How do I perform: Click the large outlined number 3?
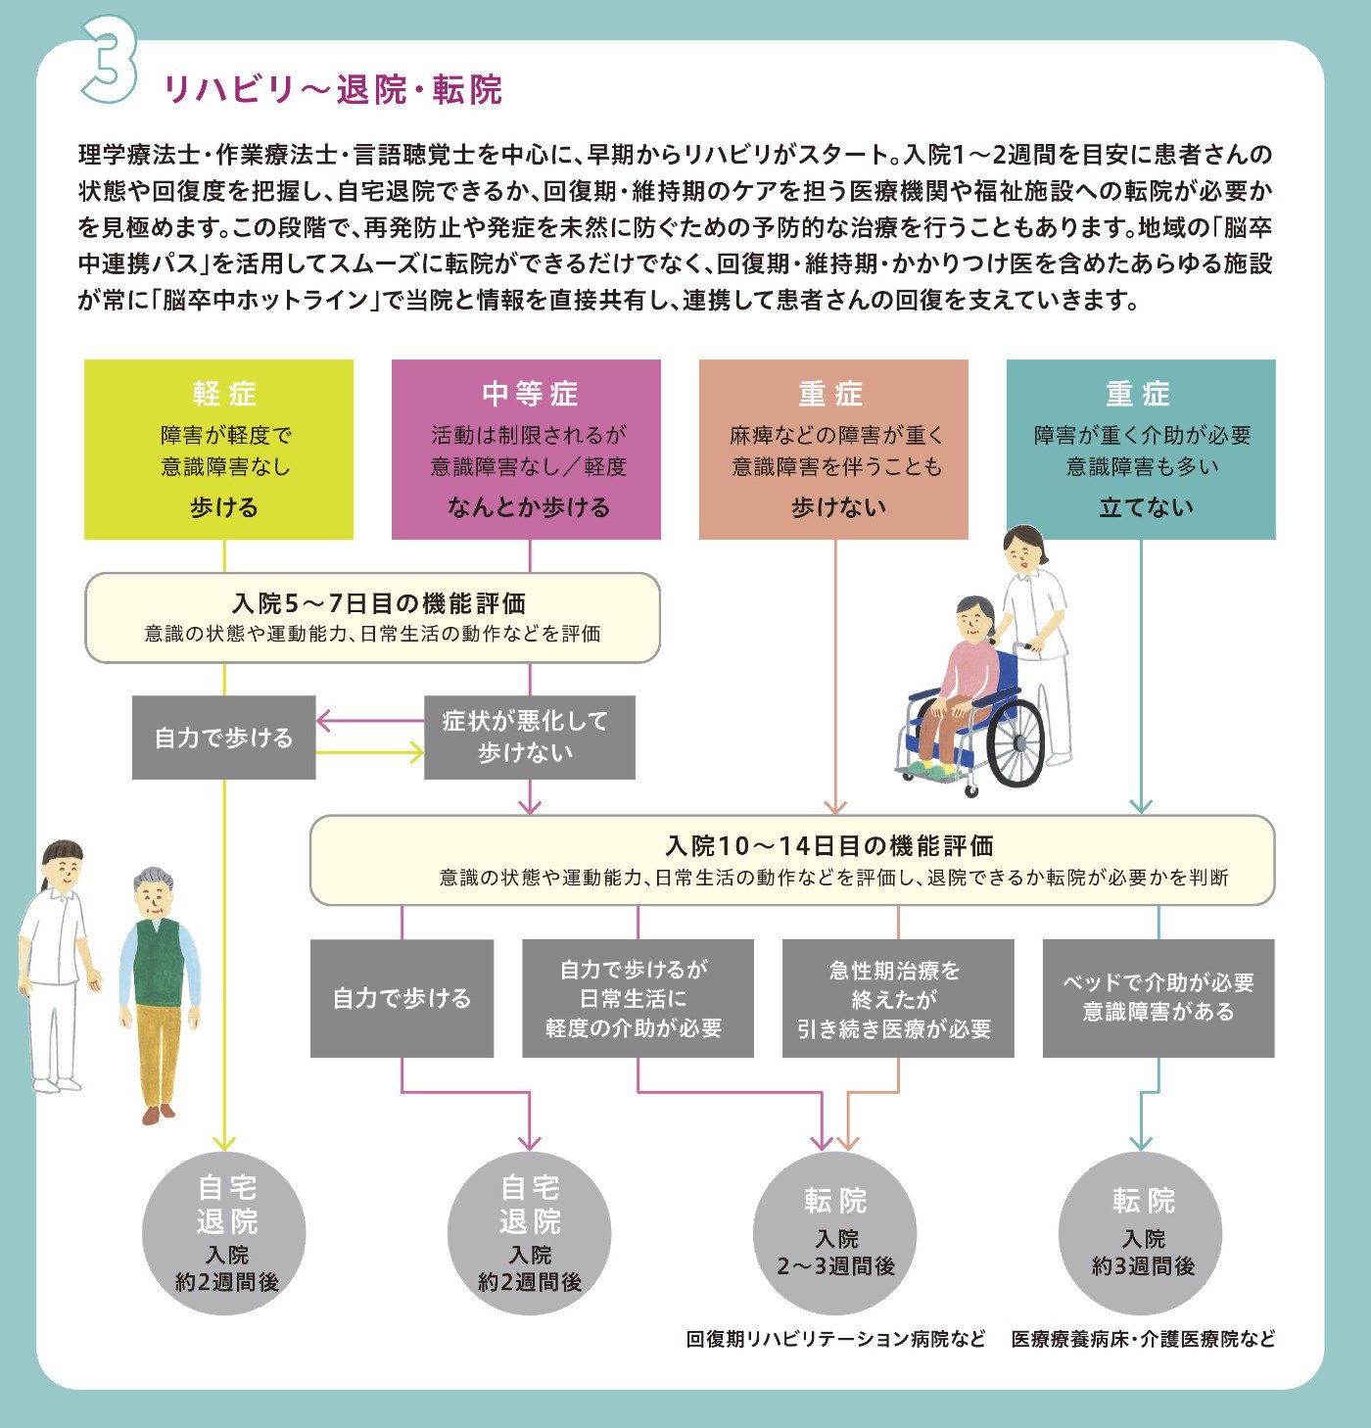[110, 60]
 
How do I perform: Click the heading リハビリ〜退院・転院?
[333, 90]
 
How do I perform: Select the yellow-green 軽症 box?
[218, 450]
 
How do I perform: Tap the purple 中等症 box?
[526, 450]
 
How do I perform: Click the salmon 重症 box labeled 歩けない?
[833, 450]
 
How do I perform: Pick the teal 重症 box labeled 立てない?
[1141, 450]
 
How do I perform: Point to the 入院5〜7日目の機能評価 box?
[373, 618]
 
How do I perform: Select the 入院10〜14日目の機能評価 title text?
[828, 846]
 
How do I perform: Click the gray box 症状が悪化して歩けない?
[530, 737]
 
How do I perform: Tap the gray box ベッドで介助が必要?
[1158, 998]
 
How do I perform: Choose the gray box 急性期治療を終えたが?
[898, 998]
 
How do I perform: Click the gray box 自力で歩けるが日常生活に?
[638, 998]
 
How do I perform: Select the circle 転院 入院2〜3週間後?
[834, 1233]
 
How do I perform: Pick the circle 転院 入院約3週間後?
[1141, 1233]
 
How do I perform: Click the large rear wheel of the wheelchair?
[1016, 742]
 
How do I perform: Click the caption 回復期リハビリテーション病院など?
[835, 1339]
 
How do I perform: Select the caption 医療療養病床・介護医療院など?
[1143, 1339]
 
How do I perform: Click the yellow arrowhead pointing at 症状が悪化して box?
[416, 752]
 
